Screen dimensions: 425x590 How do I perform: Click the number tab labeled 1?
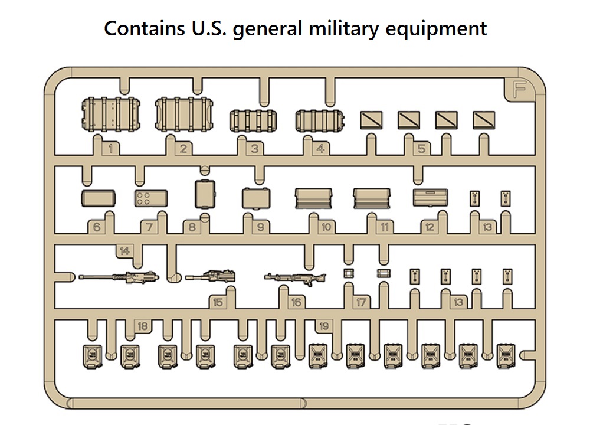pyautogui.click(x=110, y=149)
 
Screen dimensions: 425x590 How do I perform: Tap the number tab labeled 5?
pyautogui.click(x=421, y=149)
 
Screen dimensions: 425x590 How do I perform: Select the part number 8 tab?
pyautogui.click(x=192, y=227)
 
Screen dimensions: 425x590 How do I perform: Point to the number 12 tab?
pyautogui.click(x=429, y=227)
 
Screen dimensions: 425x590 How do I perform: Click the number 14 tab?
pyautogui.click(x=124, y=251)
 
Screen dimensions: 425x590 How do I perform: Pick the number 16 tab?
pyautogui.click(x=296, y=302)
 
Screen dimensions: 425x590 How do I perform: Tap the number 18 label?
pyautogui.click(x=142, y=326)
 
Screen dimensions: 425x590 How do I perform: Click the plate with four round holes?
pyautogui.click(x=150, y=199)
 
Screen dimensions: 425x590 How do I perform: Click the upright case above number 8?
pyautogui.click(x=204, y=194)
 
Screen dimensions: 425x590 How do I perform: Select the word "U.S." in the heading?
pyautogui.click(x=208, y=28)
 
